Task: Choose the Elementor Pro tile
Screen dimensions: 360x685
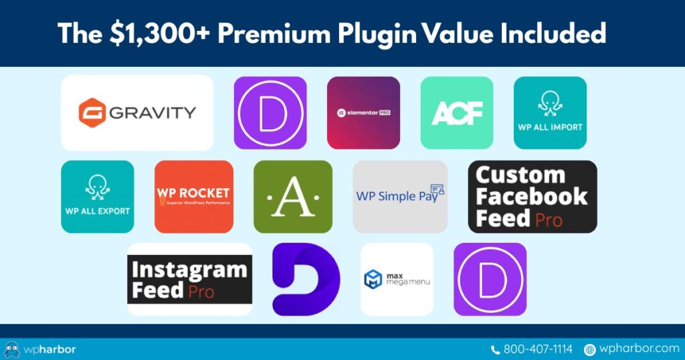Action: [363, 112]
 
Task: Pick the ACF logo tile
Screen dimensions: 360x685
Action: [457, 112]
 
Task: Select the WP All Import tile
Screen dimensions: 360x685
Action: [550, 112]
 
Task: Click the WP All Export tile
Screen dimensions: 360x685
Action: [98, 197]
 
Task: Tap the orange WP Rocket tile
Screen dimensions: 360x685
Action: [194, 197]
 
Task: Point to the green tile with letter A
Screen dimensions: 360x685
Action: [293, 197]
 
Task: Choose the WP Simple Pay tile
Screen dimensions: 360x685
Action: [400, 197]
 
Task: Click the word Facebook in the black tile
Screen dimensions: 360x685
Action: [532, 197]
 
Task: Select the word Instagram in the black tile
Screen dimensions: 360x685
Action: [189, 271]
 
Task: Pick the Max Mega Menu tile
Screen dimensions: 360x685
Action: [397, 279]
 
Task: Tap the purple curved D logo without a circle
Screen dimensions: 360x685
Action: [306, 279]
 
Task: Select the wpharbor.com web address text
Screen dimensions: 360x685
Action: [640, 349]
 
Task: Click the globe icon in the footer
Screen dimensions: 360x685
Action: [590, 349]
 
